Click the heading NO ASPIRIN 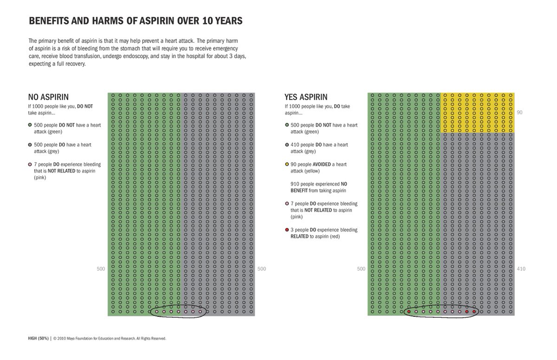48,97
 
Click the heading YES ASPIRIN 306,97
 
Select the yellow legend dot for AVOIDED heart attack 287,164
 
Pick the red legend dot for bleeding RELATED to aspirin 287,230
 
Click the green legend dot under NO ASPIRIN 30,125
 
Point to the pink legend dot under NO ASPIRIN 30,164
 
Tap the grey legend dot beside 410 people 287,145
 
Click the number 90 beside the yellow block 519,113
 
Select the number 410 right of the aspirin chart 521,269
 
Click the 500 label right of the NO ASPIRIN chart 261,269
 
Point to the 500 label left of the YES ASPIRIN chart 361,269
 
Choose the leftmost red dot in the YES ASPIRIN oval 408,312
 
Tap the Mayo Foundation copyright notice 110,339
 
